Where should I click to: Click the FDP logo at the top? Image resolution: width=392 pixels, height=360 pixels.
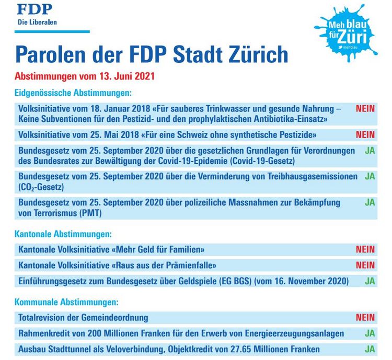pyautogui.click(x=37, y=15)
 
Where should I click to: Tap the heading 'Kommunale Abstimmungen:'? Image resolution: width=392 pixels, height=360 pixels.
pyautogui.click(x=66, y=302)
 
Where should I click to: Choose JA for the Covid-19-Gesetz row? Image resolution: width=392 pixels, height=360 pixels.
pyautogui.click(x=370, y=151)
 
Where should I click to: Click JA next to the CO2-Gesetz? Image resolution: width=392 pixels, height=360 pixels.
pyautogui.click(x=370, y=176)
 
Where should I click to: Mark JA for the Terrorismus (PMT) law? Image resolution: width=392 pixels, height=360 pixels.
pyautogui.click(x=370, y=201)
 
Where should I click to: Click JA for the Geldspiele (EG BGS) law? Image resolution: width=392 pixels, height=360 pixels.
pyautogui.click(x=370, y=281)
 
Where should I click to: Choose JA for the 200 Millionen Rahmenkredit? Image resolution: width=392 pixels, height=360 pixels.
pyautogui.click(x=370, y=333)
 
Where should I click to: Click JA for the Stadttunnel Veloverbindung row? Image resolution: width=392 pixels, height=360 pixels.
pyautogui.click(x=370, y=349)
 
